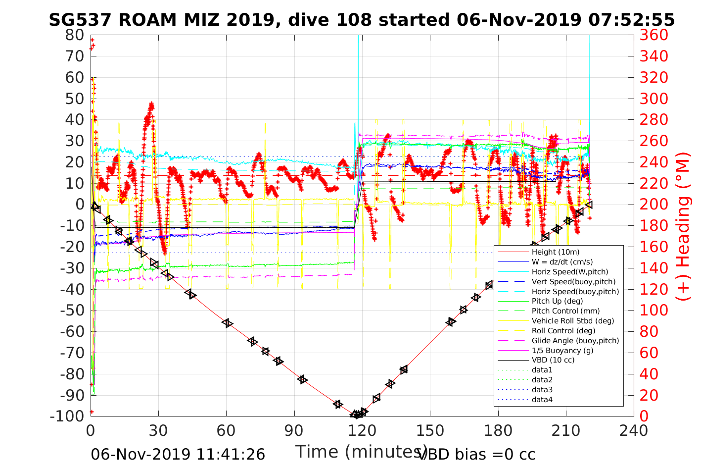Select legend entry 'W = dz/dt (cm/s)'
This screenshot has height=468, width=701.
562,262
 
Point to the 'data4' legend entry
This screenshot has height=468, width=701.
542,399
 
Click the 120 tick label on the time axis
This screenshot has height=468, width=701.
362,430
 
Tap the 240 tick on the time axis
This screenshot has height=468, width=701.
634,430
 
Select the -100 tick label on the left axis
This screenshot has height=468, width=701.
69,416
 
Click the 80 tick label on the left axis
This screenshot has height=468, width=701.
75,35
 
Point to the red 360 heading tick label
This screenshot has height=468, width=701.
654,35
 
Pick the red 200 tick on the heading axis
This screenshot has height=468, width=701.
654,204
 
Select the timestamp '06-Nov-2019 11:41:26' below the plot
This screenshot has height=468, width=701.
178,454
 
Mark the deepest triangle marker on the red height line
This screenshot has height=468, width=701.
356,415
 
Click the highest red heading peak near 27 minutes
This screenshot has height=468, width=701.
151,104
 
